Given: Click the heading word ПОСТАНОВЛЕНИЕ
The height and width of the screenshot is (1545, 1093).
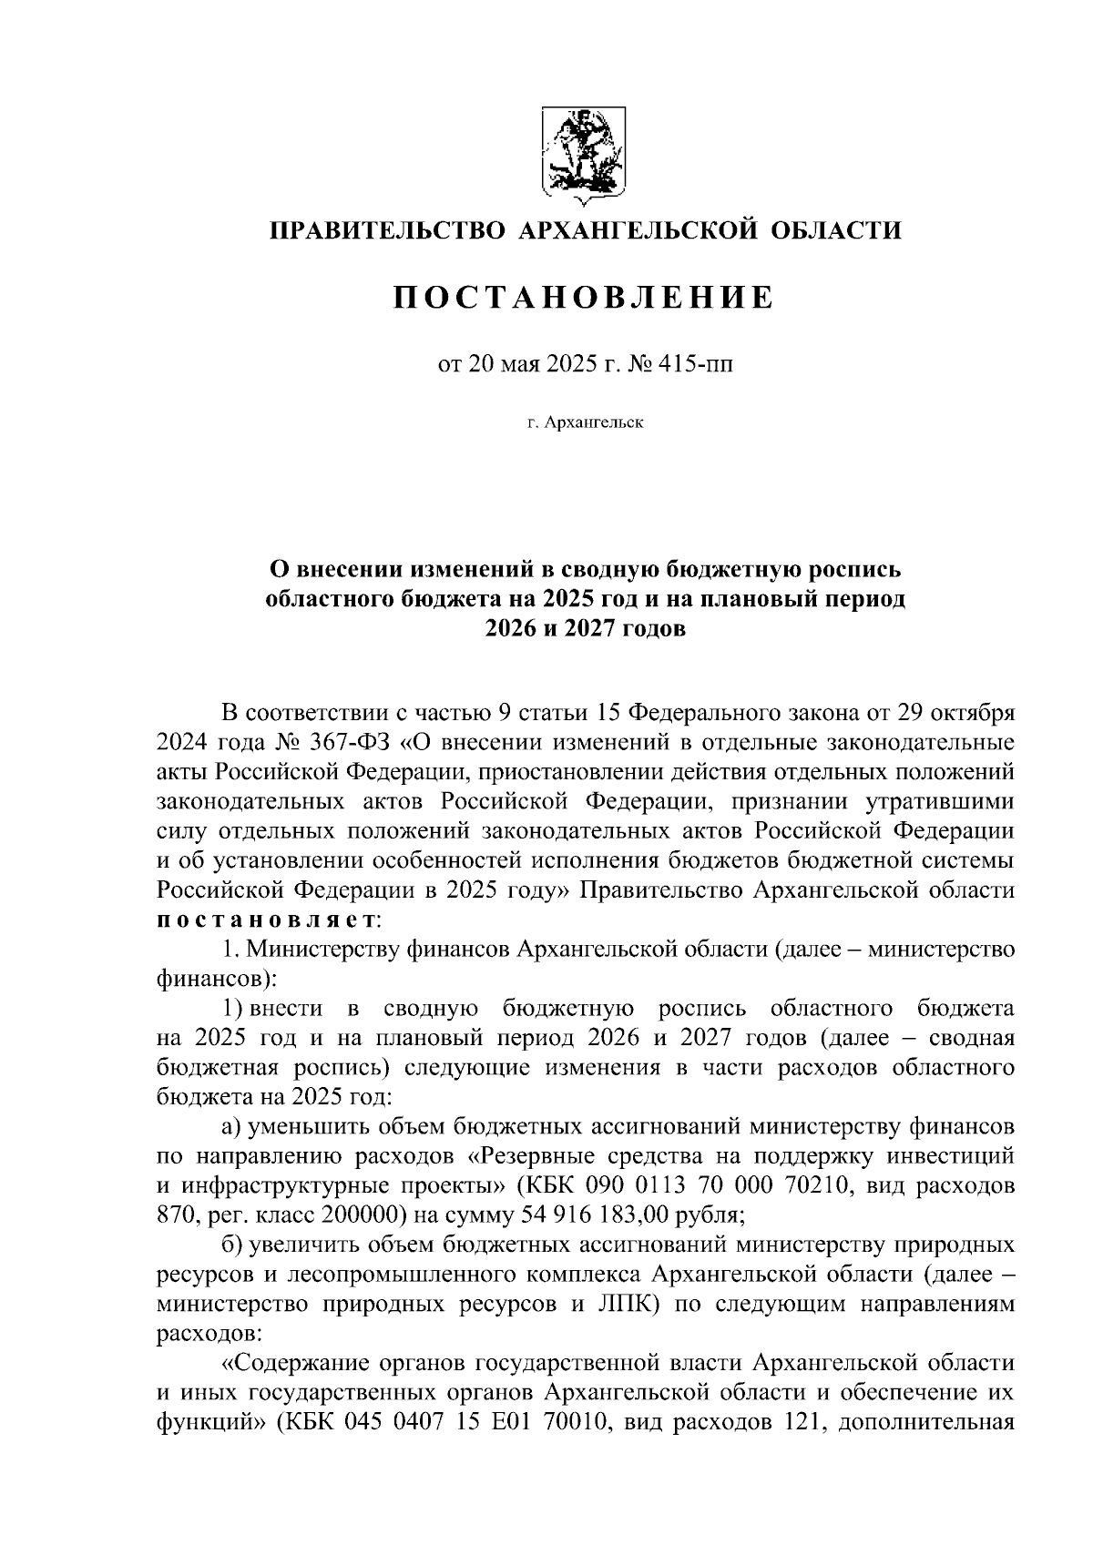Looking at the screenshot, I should point(583,298).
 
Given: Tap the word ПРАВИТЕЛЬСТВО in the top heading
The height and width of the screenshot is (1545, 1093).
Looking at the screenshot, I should point(382,230).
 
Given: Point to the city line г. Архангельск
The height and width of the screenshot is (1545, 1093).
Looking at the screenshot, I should point(583,423).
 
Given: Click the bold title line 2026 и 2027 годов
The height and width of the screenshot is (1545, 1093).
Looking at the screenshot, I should point(583,628).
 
